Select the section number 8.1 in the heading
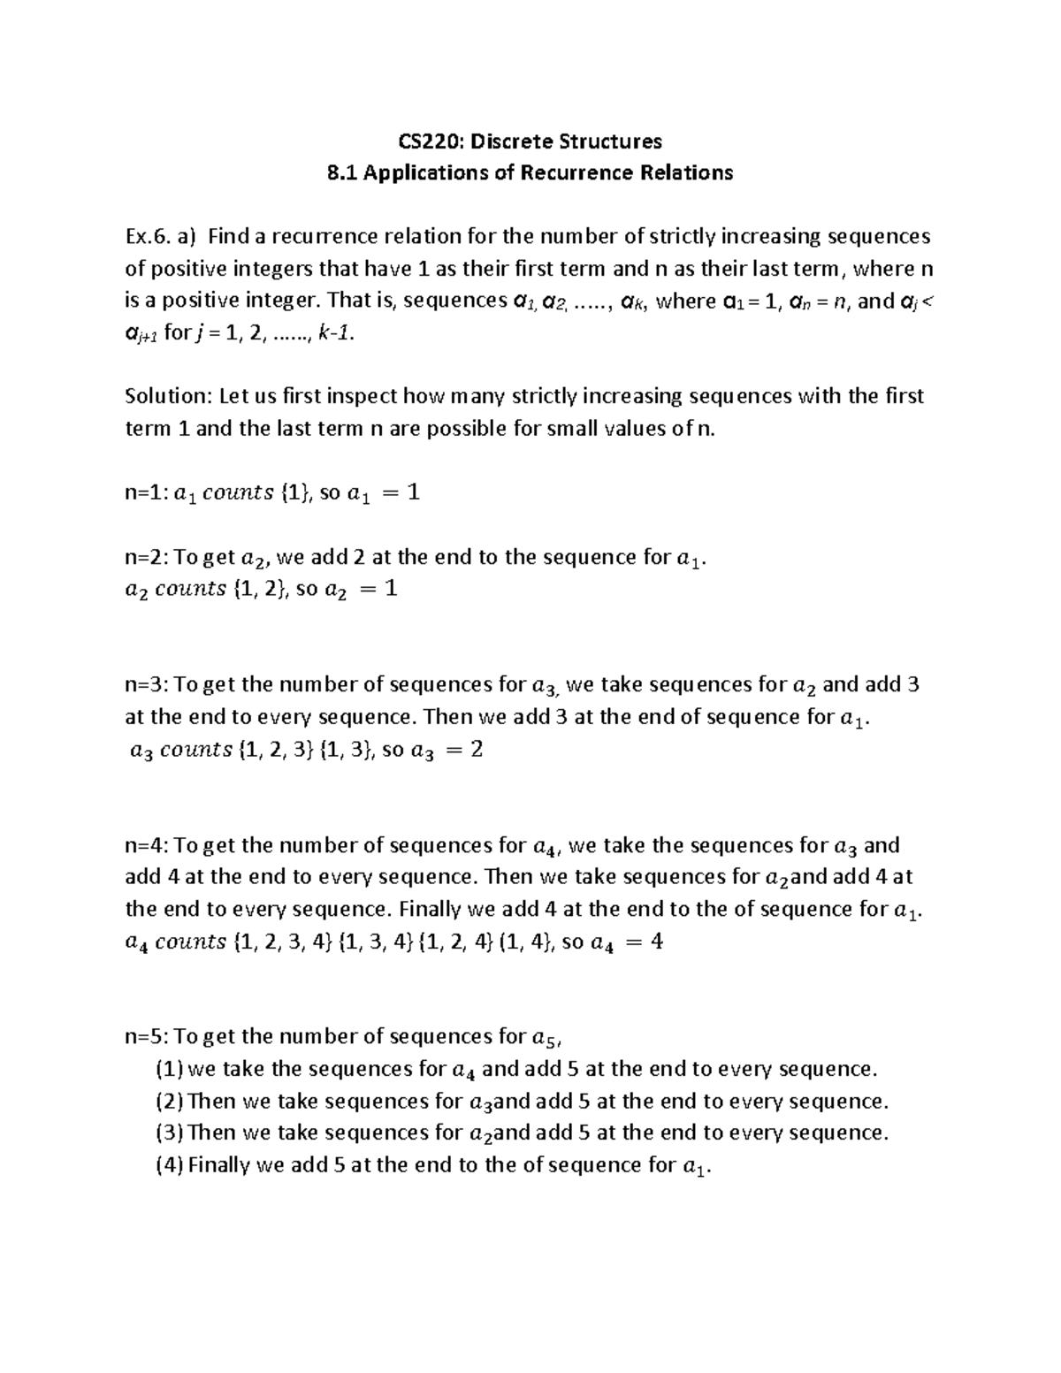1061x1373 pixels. pyautogui.click(x=342, y=173)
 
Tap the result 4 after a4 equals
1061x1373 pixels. pyautogui.click(x=656, y=942)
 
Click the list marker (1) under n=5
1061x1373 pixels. pyautogui.click(x=169, y=1070)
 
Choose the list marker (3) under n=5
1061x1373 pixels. pyautogui.click(x=169, y=1133)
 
